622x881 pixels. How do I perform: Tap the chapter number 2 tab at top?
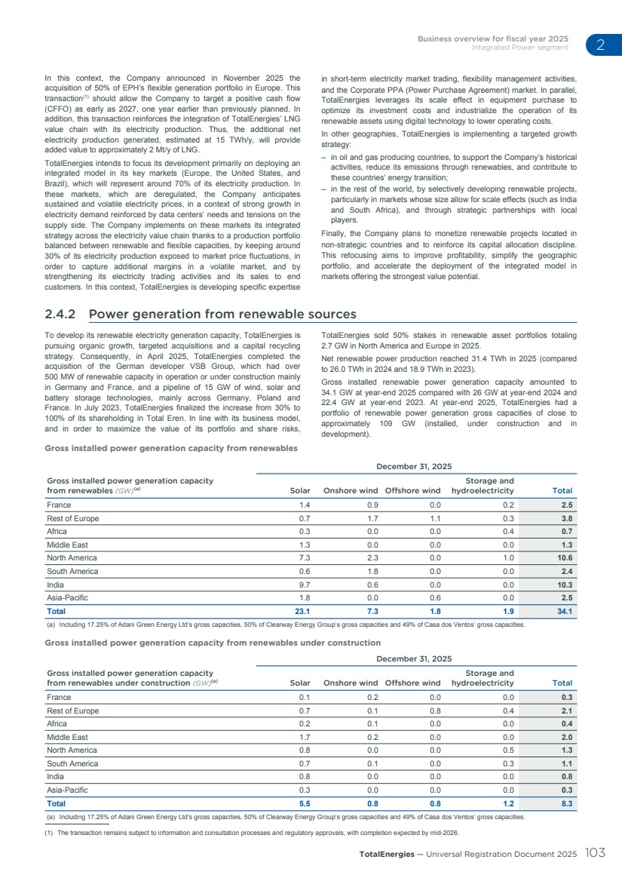tap(600, 45)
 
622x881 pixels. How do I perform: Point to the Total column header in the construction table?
tap(562, 683)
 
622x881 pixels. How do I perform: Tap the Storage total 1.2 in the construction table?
tap(507, 804)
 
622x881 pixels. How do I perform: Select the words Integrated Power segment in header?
tap(520, 48)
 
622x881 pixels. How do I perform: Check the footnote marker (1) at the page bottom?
tap(52, 833)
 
